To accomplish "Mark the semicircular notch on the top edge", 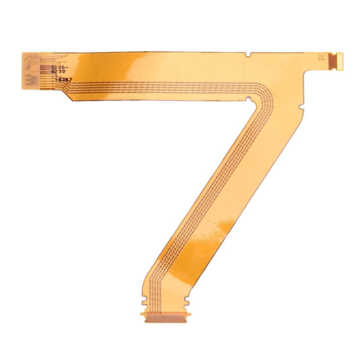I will click(x=249, y=53).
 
